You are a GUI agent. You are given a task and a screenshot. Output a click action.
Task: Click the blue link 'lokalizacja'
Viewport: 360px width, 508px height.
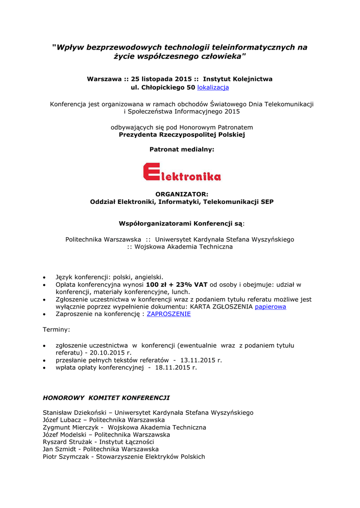point(213,87)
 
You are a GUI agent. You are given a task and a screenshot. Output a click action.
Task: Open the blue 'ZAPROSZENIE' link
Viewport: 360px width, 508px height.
point(168,314)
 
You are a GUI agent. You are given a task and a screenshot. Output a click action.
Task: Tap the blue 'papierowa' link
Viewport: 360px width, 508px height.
point(270,307)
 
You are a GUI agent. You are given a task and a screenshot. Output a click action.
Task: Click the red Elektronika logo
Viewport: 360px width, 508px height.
point(182,172)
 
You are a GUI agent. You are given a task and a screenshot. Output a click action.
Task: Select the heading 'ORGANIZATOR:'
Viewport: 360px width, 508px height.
point(182,194)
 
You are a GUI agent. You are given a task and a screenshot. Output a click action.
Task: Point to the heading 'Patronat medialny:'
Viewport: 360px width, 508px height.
point(182,149)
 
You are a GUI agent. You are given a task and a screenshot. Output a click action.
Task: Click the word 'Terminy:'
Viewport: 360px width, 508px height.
point(57,329)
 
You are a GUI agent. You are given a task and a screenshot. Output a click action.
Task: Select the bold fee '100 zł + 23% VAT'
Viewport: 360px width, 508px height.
point(176,285)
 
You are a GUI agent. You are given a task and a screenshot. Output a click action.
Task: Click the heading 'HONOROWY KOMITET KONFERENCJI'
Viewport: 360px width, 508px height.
point(106,398)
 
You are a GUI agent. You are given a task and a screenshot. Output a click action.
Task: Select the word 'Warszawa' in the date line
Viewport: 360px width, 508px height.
point(104,79)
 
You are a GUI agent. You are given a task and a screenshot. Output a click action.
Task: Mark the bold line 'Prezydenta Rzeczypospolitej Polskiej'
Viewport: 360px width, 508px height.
point(182,134)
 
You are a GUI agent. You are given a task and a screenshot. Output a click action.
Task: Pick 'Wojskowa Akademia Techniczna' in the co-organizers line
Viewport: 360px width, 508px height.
point(184,247)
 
